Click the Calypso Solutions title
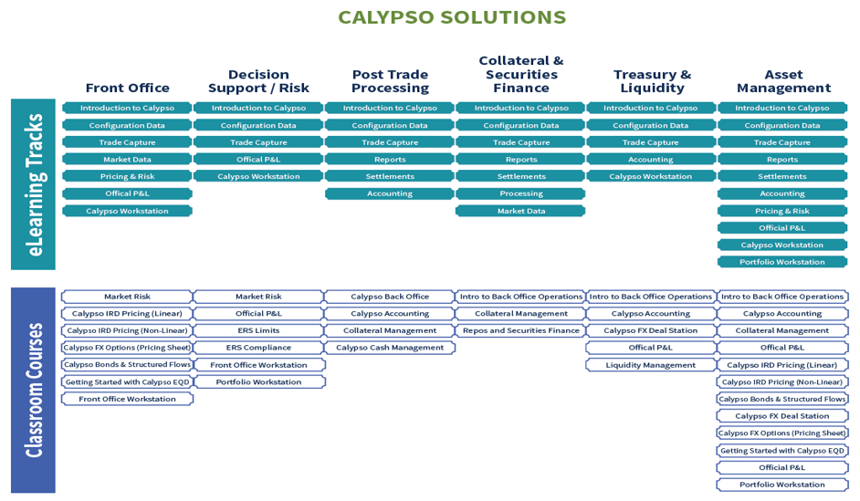(x=452, y=18)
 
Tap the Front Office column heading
(x=127, y=88)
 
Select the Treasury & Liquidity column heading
(x=652, y=81)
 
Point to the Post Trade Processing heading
(x=390, y=81)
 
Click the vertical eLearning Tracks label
(x=34, y=184)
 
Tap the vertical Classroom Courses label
(x=34, y=390)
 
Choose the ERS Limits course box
(x=258, y=330)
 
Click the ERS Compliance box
(x=258, y=348)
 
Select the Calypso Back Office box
(x=390, y=297)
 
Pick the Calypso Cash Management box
(x=390, y=348)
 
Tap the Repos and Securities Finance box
(x=521, y=330)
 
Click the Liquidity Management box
(x=651, y=365)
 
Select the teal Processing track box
(x=521, y=193)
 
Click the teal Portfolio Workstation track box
(x=782, y=262)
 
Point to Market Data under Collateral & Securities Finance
(x=521, y=211)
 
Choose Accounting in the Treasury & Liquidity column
(x=651, y=159)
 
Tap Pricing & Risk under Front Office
(x=127, y=176)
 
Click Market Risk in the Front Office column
(x=127, y=297)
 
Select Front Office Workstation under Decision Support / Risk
(x=258, y=365)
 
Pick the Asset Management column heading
(x=783, y=81)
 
